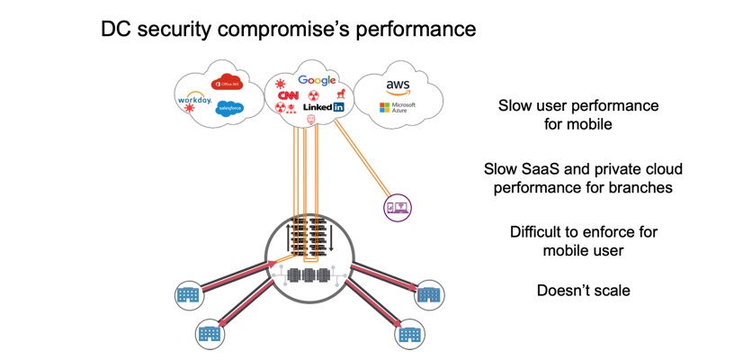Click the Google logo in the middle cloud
click(317, 81)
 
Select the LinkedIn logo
click(324, 107)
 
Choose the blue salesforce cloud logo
click(229, 108)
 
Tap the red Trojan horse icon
click(340, 93)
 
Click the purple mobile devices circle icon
click(397, 208)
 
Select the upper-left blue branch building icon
click(188, 294)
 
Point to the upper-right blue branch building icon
click(429, 294)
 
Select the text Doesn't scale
click(583, 291)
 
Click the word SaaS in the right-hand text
click(549, 169)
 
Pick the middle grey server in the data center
click(310, 274)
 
